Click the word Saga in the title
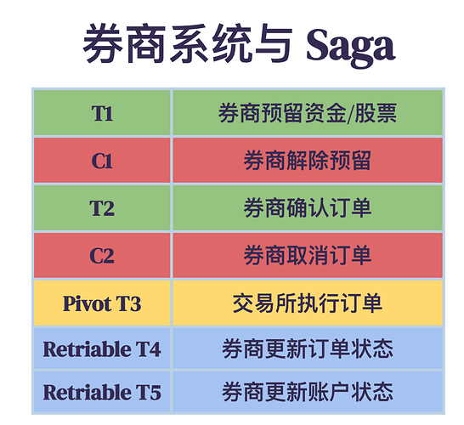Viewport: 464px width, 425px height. pos(351,47)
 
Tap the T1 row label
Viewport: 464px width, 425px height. pos(102,113)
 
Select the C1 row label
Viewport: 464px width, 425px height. pos(102,161)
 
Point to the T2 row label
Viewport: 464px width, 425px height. pos(102,208)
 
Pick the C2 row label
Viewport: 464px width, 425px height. pos(102,256)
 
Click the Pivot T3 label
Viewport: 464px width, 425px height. pos(102,303)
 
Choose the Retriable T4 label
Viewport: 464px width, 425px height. pos(102,349)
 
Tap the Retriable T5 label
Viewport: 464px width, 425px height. pos(102,392)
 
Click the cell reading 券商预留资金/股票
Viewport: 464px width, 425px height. pos(308,113)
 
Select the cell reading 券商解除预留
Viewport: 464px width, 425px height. pos(308,161)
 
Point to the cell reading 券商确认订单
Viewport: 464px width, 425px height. pos(308,208)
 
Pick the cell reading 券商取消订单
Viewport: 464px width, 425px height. pos(308,256)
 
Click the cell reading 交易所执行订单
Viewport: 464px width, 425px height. pos(308,303)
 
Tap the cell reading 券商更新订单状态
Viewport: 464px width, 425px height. pos(308,349)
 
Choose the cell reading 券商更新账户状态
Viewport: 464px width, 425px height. pos(308,392)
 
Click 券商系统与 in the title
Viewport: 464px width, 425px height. pos(188,43)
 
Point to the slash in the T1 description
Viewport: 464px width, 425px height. pos(350,114)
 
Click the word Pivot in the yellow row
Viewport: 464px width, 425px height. pos(83,303)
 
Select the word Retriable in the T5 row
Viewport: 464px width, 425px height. pos(88,392)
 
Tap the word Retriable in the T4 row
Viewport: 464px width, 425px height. pos(88,349)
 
